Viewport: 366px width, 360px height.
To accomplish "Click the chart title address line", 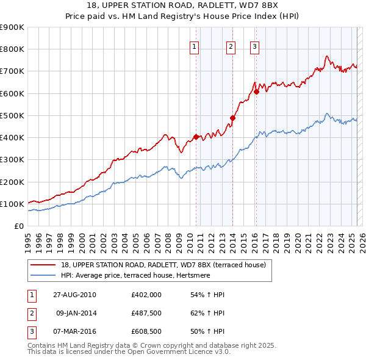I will [183, 5].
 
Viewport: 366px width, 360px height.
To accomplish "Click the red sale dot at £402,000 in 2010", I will [196, 137].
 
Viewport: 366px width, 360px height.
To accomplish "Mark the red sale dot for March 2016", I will [257, 92].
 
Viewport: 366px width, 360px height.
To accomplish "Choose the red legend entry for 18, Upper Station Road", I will [163, 265].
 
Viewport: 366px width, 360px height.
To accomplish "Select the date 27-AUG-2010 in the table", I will [74, 295].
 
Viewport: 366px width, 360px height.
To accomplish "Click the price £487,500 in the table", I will [146, 314].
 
